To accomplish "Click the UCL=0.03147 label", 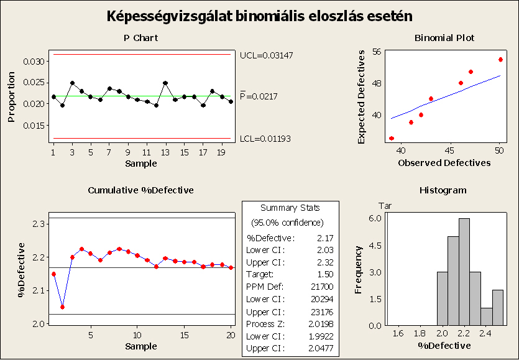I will (266, 55).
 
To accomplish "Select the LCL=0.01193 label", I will (265, 138).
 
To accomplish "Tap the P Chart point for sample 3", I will (72, 83).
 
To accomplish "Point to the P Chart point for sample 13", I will (165, 83).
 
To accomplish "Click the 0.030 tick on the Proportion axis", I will (36, 62).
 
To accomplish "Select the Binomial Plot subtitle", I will (444, 39).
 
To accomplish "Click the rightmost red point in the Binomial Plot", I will (500, 60).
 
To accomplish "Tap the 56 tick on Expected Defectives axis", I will (377, 52).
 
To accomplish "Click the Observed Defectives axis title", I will (444, 163).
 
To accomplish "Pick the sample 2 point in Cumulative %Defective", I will (63, 307).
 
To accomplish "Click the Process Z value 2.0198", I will (319, 325).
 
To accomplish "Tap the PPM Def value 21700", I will (321, 286).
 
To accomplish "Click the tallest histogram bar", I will (464, 272).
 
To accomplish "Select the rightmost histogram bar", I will (498, 307).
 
